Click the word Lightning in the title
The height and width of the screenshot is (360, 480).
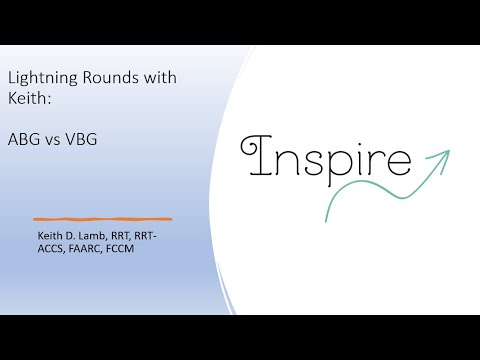tap(34, 77)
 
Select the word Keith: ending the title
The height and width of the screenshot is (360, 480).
tap(25, 99)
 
